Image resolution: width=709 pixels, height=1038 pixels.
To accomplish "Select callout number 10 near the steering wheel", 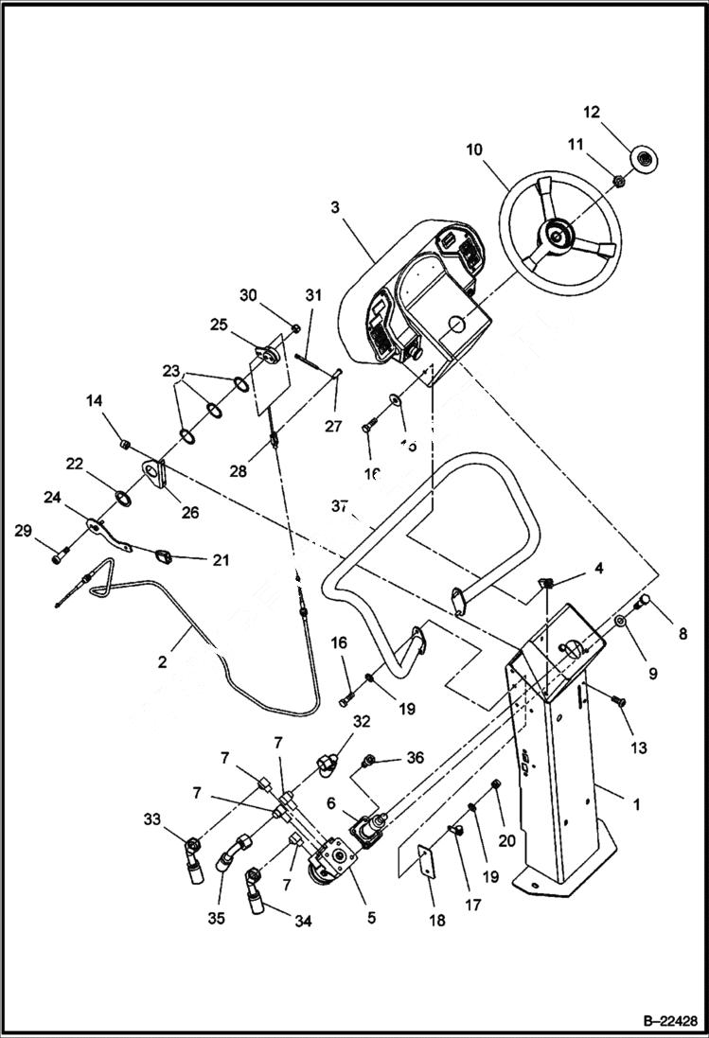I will click(473, 149).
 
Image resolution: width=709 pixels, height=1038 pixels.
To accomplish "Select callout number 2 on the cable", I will click(162, 661).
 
